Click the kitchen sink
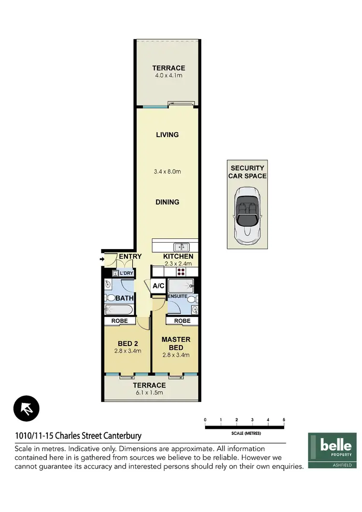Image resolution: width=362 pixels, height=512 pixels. pos(181,247)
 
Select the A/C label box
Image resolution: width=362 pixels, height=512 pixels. pos(158,286)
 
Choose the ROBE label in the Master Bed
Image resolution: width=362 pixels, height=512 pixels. pos(182,321)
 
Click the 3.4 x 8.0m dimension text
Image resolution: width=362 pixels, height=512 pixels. pos(167,171)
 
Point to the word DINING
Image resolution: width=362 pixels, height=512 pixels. pos(167,202)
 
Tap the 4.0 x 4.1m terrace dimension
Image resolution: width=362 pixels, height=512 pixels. pos(168,76)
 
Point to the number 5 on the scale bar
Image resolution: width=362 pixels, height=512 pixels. pos(284,420)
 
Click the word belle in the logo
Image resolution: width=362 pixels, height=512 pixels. pos(336,444)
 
